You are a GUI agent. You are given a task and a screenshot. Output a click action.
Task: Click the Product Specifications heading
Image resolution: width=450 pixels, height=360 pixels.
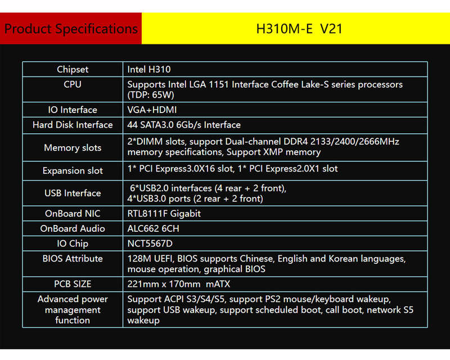pyautogui.click(x=71, y=29)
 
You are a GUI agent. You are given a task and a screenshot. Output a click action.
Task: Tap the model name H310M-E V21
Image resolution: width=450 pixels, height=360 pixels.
pyautogui.click(x=299, y=29)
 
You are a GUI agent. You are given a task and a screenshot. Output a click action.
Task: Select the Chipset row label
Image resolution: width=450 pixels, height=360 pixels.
pyautogui.click(x=73, y=70)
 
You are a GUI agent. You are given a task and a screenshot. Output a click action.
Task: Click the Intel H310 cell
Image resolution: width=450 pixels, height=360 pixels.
pyautogui.click(x=149, y=69)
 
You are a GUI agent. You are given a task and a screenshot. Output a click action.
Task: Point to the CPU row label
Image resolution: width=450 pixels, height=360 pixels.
pyautogui.click(x=73, y=84)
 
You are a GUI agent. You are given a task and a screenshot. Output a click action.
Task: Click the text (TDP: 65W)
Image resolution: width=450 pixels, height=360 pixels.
pyautogui.click(x=151, y=95)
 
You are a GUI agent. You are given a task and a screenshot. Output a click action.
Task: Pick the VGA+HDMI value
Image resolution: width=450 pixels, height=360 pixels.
pyautogui.click(x=152, y=110)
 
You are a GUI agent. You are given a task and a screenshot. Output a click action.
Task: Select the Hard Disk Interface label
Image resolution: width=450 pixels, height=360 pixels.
pyautogui.click(x=73, y=125)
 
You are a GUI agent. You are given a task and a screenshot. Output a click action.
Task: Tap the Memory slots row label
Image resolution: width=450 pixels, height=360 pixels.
pyautogui.click(x=73, y=147)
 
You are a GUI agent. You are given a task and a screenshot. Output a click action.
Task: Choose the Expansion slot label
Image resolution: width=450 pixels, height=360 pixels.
pyautogui.click(x=73, y=170)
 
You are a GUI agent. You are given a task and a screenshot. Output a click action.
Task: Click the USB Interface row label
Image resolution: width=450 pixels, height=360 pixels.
pyautogui.click(x=73, y=193)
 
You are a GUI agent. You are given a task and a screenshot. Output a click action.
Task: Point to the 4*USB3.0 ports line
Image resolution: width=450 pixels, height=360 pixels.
pyautogui.click(x=195, y=199)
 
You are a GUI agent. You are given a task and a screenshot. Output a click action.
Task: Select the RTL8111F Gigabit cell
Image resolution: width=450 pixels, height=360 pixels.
pyautogui.click(x=164, y=214)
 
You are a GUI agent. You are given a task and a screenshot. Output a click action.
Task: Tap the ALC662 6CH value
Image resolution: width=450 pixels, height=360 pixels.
pyautogui.click(x=153, y=228)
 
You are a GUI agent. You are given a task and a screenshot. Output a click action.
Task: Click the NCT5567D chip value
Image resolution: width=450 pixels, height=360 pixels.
pyautogui.click(x=150, y=244)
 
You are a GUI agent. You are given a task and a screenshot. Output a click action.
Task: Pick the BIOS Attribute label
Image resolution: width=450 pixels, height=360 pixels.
pyautogui.click(x=73, y=259)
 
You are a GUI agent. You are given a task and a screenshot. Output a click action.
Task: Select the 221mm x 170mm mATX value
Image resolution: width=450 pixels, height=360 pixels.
pyautogui.click(x=178, y=284)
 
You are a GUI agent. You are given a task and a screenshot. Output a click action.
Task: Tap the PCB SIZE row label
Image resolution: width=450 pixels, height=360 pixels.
pyautogui.click(x=73, y=284)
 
